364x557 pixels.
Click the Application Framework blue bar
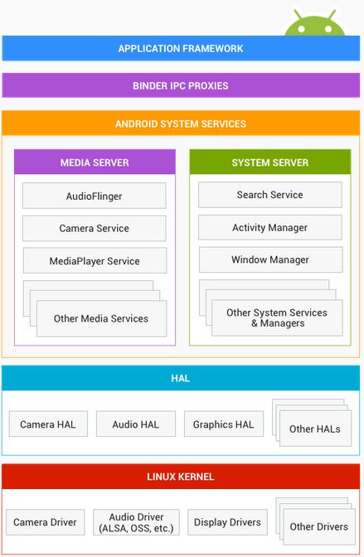click(x=181, y=48)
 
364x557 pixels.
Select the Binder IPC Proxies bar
click(x=181, y=85)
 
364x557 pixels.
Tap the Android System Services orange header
click(x=181, y=124)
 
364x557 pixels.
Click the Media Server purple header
click(x=95, y=162)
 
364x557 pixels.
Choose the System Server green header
click(x=270, y=162)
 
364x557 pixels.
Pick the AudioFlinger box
click(x=95, y=196)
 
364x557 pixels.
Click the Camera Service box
click(x=95, y=228)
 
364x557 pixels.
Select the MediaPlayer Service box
click(x=95, y=261)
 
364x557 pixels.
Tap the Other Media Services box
click(x=101, y=318)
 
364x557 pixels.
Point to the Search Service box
click(x=270, y=195)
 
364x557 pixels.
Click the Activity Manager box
click(x=270, y=227)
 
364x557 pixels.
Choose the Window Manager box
click(x=271, y=259)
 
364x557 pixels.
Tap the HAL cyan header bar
click(x=181, y=378)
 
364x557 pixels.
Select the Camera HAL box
click(x=48, y=424)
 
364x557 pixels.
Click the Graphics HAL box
click(x=224, y=424)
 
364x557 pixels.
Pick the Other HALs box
click(x=315, y=429)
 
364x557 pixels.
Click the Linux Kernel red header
click(x=181, y=477)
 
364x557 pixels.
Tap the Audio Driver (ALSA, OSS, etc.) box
click(x=136, y=522)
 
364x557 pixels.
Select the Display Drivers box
click(x=227, y=522)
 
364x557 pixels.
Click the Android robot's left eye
click(x=302, y=29)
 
